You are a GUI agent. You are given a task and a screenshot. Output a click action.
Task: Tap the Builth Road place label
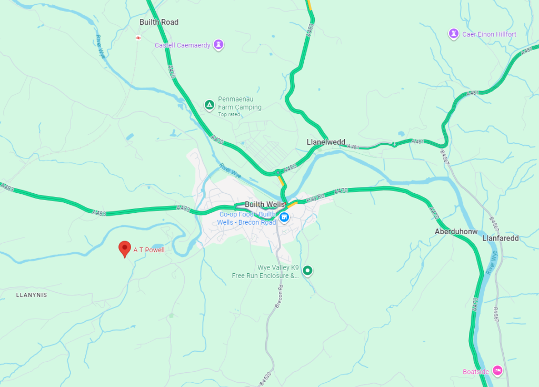tap(159, 22)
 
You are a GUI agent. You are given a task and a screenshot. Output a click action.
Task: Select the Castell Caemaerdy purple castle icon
tap(219, 45)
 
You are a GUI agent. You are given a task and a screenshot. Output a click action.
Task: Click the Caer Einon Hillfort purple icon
tap(453, 34)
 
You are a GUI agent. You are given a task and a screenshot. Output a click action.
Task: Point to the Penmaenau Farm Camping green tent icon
tap(209, 104)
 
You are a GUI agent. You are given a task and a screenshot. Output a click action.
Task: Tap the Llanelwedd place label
tap(326, 142)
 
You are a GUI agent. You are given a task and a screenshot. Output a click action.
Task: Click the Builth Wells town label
tap(264, 204)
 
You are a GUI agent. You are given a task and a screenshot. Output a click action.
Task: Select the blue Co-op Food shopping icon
tap(284, 217)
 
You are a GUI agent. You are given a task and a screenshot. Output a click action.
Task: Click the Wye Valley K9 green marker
tap(307, 271)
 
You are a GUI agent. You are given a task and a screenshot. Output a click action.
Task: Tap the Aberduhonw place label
tap(456, 232)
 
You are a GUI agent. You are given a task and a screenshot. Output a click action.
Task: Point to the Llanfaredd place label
tap(501, 238)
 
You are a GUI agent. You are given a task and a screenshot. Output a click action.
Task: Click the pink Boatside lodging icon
tap(497, 371)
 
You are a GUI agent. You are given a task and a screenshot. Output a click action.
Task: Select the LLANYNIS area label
tap(32, 295)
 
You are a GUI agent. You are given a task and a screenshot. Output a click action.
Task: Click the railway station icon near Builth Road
tap(138, 37)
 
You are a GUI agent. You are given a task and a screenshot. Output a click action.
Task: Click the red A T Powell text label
tap(149, 250)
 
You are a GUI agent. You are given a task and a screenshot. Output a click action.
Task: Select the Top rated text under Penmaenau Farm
tap(229, 114)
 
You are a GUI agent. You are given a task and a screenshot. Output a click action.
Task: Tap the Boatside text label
tap(476, 372)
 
